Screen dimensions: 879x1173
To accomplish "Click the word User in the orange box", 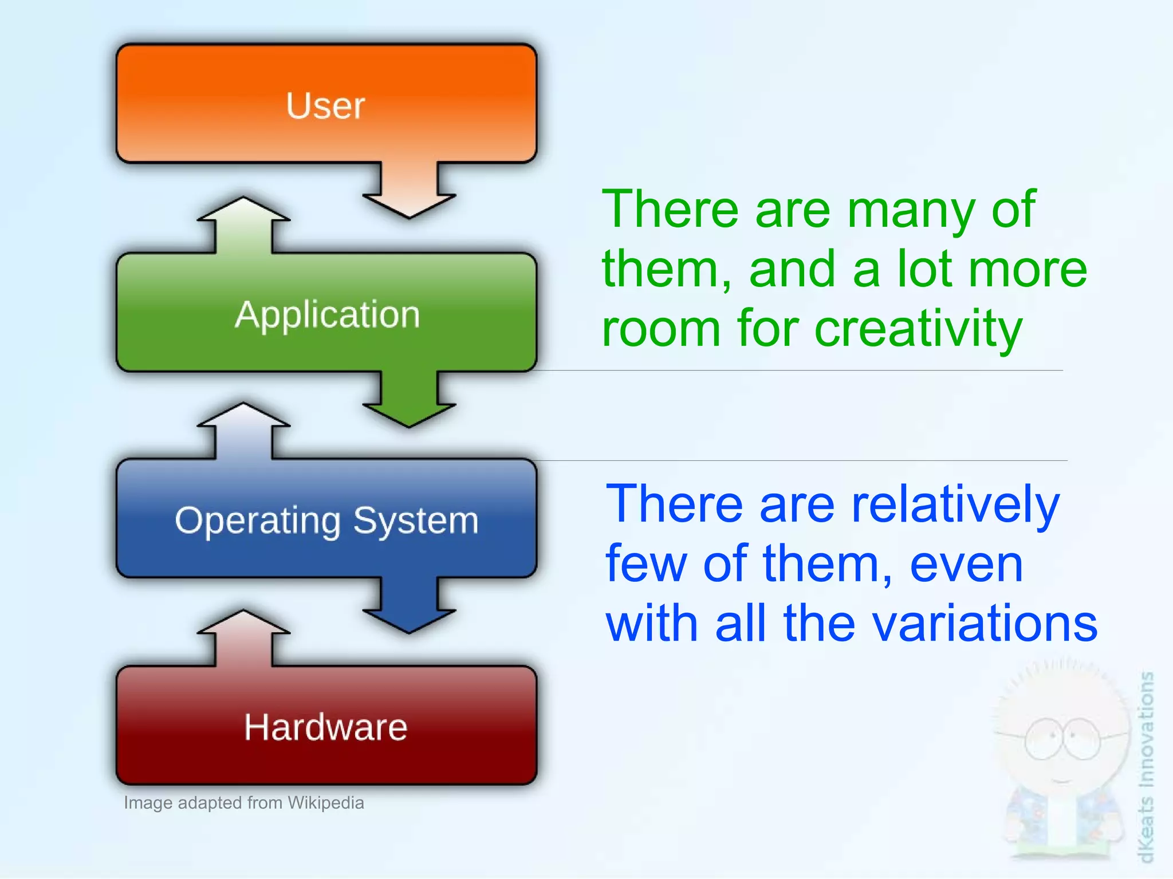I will coord(325,106).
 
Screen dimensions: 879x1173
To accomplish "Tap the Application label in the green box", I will coord(327,314).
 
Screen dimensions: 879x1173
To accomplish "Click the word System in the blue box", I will coord(415,521).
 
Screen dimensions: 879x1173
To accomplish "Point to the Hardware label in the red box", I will coord(325,727).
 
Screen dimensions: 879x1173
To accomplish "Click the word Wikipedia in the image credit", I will coord(325,803).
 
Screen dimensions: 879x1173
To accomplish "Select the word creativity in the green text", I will coord(918,329).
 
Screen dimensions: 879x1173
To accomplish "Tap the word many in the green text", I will coord(911,210).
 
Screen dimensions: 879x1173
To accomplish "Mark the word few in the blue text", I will coord(646,564).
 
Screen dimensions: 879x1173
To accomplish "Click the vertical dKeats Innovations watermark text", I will coord(1145,767).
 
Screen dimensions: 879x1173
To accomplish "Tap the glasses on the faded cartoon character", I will coord(1062,739).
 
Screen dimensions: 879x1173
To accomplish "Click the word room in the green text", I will coord(660,329).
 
